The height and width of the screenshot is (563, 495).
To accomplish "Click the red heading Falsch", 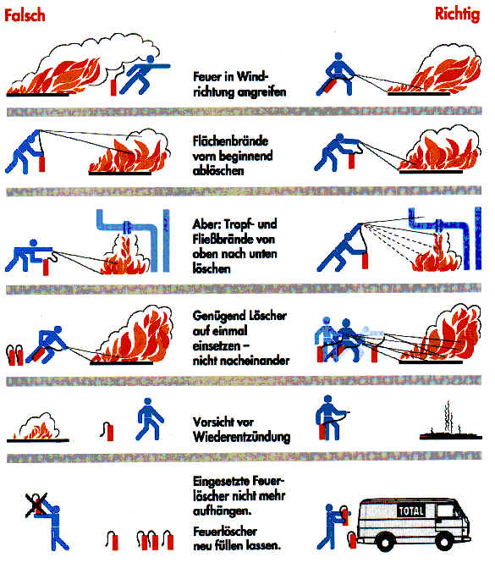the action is (x=25, y=15).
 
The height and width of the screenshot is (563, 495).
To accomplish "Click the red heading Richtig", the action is (x=457, y=14).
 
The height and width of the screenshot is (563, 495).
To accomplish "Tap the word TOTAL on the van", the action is (x=411, y=511).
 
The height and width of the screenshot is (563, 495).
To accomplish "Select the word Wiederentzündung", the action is (x=242, y=438).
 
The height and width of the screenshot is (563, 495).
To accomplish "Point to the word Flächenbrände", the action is (x=230, y=141).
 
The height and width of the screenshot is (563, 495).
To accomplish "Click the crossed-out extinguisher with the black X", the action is (x=36, y=505).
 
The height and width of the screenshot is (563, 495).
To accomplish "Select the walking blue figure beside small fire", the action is (x=149, y=419).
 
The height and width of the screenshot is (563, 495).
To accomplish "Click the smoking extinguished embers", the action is (x=450, y=422).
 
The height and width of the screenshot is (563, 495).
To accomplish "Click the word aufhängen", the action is (x=222, y=511).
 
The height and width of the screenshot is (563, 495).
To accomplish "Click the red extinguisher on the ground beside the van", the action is (x=352, y=540).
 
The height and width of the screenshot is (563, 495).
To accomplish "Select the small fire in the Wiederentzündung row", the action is (x=38, y=428).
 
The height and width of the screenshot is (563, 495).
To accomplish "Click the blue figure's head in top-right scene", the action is (x=338, y=57).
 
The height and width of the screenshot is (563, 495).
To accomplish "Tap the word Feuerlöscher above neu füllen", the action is (x=225, y=531).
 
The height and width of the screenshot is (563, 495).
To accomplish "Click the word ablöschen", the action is (x=218, y=170).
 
